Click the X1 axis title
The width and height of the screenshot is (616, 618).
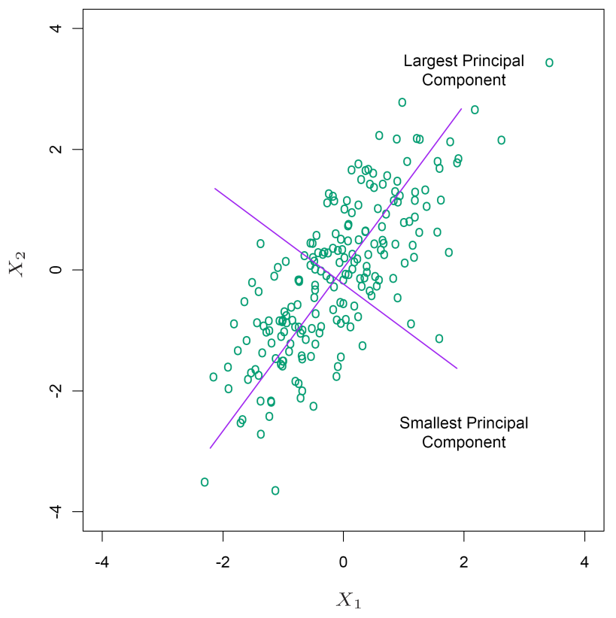pyautogui.click(x=348, y=599)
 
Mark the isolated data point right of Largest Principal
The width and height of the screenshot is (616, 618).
pyautogui.click(x=549, y=62)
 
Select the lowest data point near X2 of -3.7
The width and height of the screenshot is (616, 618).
pyautogui.click(x=275, y=490)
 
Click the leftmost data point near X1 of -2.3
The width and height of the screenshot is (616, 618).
pyautogui.click(x=205, y=482)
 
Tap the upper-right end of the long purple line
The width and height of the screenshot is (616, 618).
pyautogui.click(x=462, y=109)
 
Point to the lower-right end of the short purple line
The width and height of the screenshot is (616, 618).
pyautogui.click(x=457, y=368)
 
